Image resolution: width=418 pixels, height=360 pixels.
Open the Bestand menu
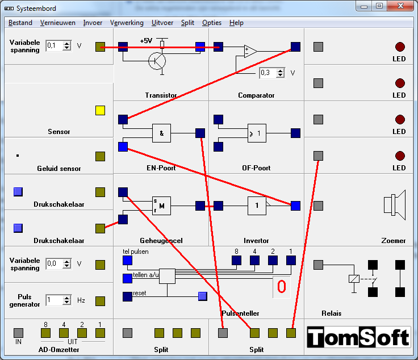[x=20, y=23]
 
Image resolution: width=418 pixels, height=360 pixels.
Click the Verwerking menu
[x=127, y=23]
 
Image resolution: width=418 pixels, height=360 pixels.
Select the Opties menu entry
[x=212, y=23]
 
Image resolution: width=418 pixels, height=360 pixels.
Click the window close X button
[x=400, y=6]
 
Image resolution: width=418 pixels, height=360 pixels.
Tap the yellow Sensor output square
[x=100, y=110]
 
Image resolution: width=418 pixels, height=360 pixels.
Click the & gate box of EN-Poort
[x=161, y=133]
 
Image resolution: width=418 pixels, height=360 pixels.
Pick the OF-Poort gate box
[x=257, y=133]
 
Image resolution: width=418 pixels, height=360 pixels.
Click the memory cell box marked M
[x=161, y=206]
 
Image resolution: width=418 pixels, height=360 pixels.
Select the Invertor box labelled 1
[x=257, y=206]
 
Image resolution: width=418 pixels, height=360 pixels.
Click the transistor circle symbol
[x=157, y=61]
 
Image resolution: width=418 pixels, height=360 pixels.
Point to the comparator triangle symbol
[x=251, y=51]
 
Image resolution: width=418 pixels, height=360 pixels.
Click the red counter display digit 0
[x=282, y=287]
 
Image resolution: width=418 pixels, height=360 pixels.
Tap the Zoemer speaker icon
[x=395, y=205]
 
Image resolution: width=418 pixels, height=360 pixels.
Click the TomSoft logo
[x=358, y=337]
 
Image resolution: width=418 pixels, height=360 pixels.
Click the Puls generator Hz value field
[x=55, y=300]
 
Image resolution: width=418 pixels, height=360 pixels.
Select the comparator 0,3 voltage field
[x=268, y=73]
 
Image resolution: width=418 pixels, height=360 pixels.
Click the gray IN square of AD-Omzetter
[x=18, y=333]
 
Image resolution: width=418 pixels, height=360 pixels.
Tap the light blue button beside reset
[x=203, y=296]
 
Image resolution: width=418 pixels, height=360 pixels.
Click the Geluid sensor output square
[x=100, y=156]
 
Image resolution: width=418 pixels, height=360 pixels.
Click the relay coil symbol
[x=354, y=279]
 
